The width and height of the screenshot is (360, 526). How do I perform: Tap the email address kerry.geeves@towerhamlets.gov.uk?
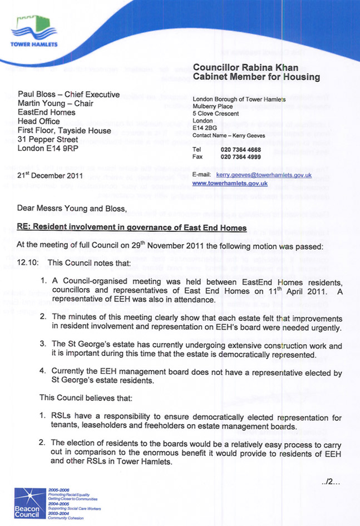coord(263,175)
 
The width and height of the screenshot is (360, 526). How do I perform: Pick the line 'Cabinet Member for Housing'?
coord(256,77)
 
